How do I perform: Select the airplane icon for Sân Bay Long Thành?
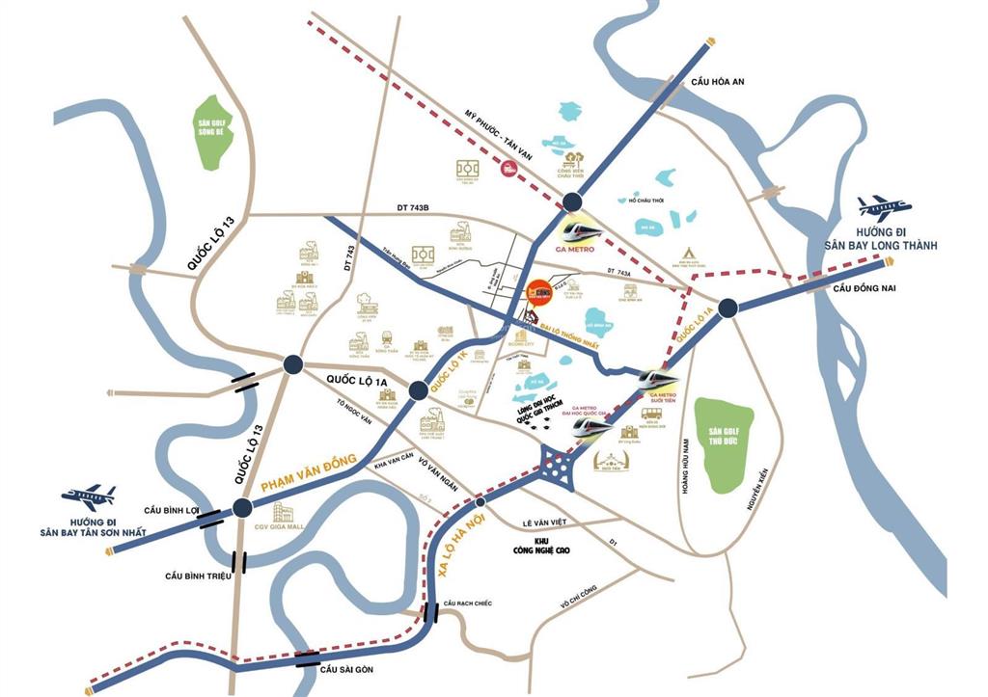(883, 207)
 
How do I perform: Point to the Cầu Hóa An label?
(718, 83)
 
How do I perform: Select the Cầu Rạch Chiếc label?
(467, 603)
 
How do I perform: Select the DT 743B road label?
(417, 207)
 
